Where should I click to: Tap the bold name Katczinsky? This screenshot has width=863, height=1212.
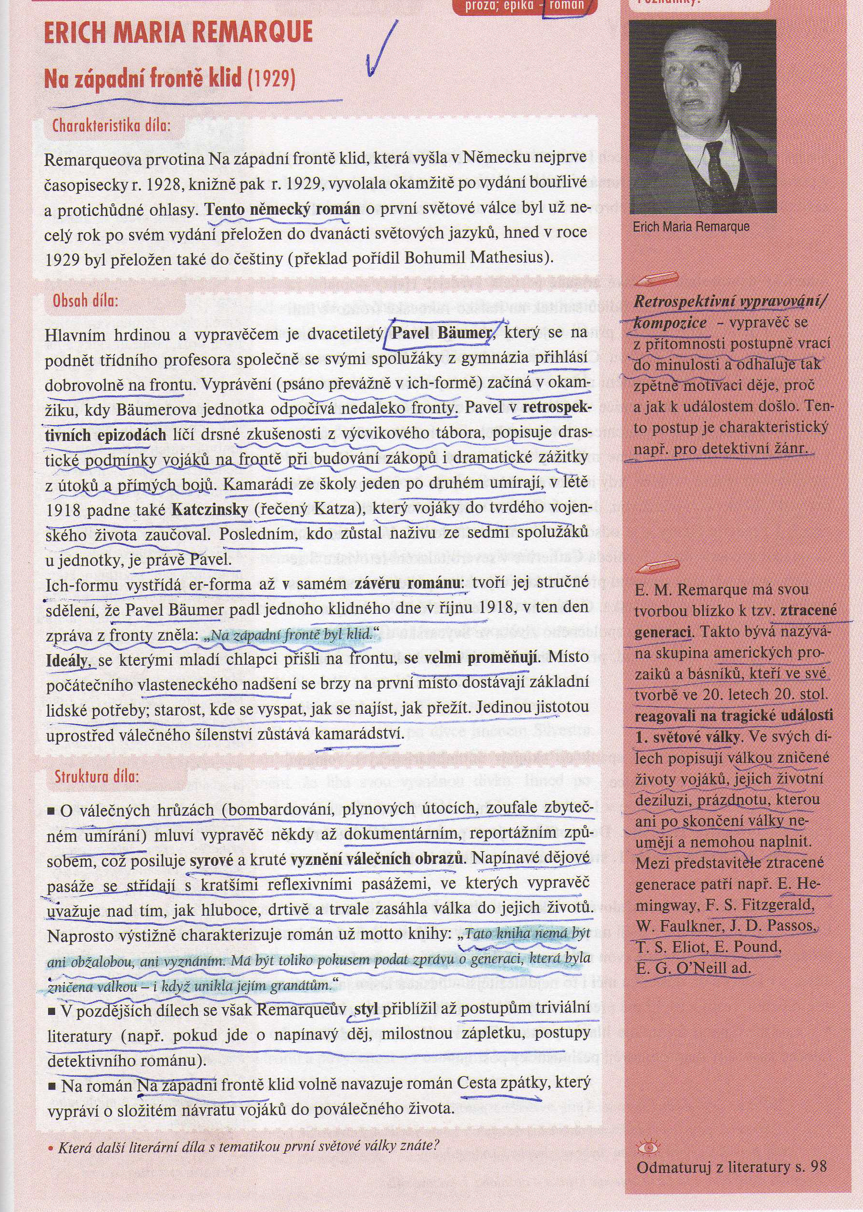pos(210,509)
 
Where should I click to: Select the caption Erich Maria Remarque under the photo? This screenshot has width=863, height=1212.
pos(691,227)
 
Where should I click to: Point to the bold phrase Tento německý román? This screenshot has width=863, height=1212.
pos(283,208)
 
